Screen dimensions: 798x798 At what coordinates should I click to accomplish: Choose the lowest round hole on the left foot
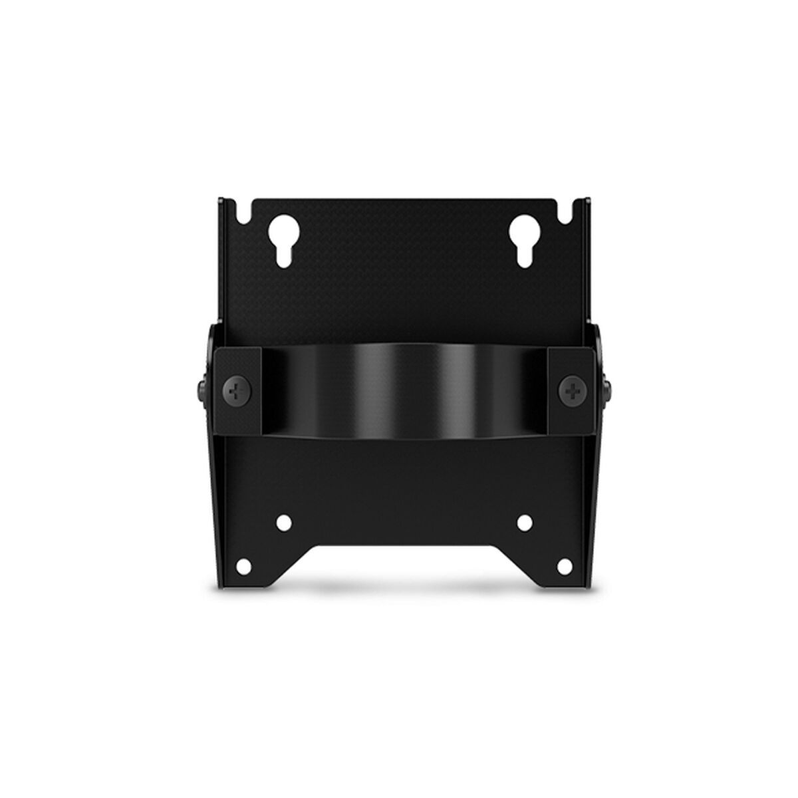243,567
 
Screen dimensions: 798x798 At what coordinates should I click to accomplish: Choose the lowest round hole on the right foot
563,567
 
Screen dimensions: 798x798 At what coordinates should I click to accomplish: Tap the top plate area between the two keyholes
399,246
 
